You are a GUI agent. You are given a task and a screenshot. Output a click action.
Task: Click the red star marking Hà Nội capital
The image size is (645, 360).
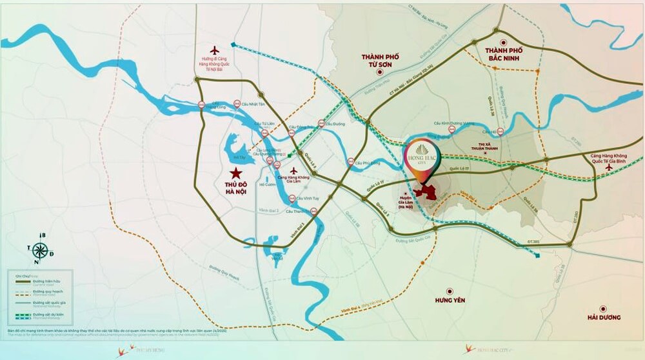(x=236, y=173)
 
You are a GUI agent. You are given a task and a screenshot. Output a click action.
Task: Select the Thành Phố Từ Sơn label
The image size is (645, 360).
(x=381, y=61)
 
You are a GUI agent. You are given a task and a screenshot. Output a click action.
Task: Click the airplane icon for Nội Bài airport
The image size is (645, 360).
(x=215, y=50)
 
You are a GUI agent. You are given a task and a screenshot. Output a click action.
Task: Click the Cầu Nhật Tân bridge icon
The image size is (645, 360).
(x=237, y=104)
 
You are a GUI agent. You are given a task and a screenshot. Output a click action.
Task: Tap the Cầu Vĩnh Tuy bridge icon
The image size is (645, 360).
(x=292, y=198)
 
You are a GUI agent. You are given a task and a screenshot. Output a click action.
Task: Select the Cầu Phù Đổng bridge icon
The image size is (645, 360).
(x=350, y=163)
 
